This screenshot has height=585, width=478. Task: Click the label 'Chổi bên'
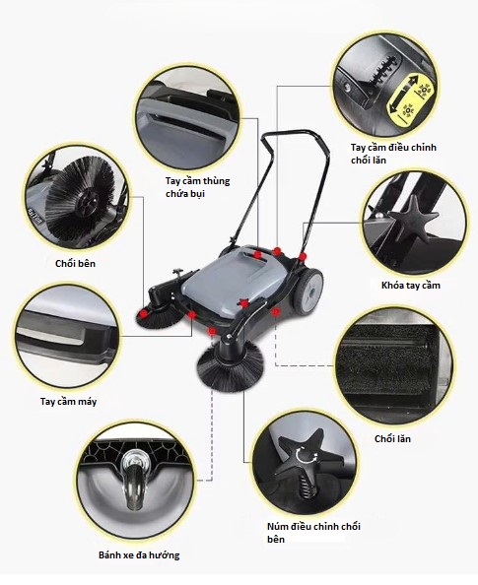coord(76,264)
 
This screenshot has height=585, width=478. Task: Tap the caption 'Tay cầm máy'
coord(68,402)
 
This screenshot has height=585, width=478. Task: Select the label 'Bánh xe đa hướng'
coord(139,555)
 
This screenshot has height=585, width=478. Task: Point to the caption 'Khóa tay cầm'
coord(411,286)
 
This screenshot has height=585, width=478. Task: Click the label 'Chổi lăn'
coord(392,439)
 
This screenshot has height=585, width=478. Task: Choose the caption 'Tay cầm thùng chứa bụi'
coord(197,187)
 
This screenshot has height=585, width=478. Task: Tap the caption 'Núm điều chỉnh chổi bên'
coord(313,533)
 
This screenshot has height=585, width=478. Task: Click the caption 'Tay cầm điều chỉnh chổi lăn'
coord(393,154)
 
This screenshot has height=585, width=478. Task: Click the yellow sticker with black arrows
coord(409,98)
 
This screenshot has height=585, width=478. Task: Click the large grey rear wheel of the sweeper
coord(308,291)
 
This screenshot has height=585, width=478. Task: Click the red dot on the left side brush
coord(143,314)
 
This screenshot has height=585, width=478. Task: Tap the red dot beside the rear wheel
coord(303,257)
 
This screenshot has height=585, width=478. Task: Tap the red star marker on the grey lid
coord(243,303)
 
